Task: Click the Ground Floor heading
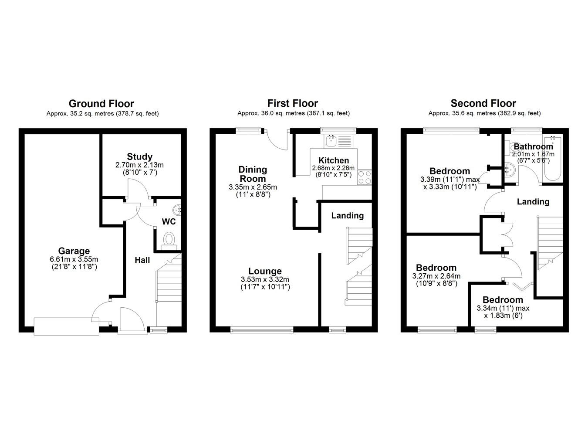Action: pyautogui.click(x=101, y=104)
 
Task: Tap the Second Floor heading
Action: pyautogui.click(x=483, y=104)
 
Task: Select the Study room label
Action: pyautogui.click(x=139, y=156)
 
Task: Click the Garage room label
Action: pyautogui.click(x=74, y=251)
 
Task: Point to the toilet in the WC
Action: pyautogui.click(x=169, y=241)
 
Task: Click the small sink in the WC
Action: pyautogui.click(x=177, y=210)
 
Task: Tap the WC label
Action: pyautogui.click(x=169, y=221)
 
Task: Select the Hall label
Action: pyautogui.click(x=142, y=260)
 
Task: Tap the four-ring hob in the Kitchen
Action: pyautogui.click(x=365, y=177)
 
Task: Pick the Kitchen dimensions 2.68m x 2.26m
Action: pyautogui.click(x=333, y=168)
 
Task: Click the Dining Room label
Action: pyautogui.click(x=253, y=174)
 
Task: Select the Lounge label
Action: pyautogui.click(x=265, y=271)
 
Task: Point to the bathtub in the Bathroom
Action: pyautogui.click(x=553, y=159)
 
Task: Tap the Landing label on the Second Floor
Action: pyautogui.click(x=533, y=202)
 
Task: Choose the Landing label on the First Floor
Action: pyautogui.click(x=347, y=216)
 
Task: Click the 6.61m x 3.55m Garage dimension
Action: pyautogui.click(x=74, y=259)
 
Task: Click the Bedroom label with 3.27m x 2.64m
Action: pyautogui.click(x=436, y=268)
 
